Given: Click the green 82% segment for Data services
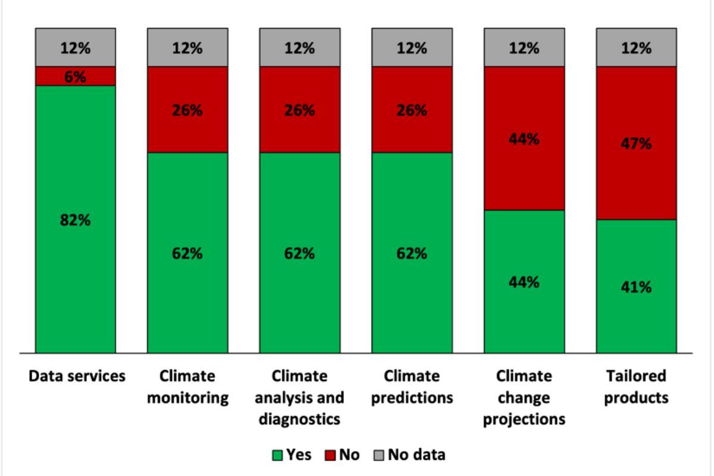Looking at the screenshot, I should coord(76,219).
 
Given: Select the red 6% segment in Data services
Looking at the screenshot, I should coord(76,76).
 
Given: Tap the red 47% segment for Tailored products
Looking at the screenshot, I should coord(636,143).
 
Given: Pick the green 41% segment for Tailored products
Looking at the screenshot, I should coord(636,286).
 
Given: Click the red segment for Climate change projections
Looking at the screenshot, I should coord(524,139).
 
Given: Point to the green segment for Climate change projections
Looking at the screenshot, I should coord(524,281).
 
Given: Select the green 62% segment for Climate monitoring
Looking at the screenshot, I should coord(187,253).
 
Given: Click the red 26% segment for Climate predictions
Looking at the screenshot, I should coord(412,110).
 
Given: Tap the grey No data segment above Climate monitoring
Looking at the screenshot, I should coord(187,48).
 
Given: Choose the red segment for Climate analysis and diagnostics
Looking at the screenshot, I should coord(299,110).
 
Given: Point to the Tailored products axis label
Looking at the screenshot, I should coord(636,387).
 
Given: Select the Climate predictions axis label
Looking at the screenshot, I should coord(412,387).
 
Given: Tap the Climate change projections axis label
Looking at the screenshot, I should coord(524,397).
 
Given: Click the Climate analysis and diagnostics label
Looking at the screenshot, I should coord(299,397).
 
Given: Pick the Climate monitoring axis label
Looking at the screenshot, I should coord(187,387).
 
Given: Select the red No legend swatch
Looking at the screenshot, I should coord(330,456).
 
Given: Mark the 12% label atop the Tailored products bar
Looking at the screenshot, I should coord(636,48).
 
